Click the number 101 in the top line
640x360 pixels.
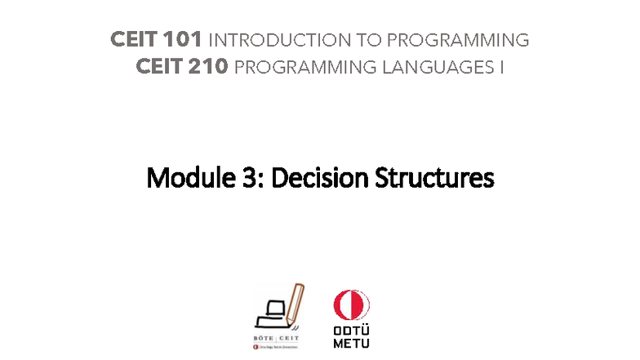tap(183, 40)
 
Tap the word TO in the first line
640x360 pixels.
tap(347, 40)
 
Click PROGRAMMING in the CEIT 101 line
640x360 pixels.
tap(447, 40)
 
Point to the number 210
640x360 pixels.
tap(207, 67)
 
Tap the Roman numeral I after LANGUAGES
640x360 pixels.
tap(501, 67)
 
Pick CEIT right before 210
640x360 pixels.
tap(159, 67)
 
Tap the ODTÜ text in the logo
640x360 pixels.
tap(351, 331)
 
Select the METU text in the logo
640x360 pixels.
tap(351, 344)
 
